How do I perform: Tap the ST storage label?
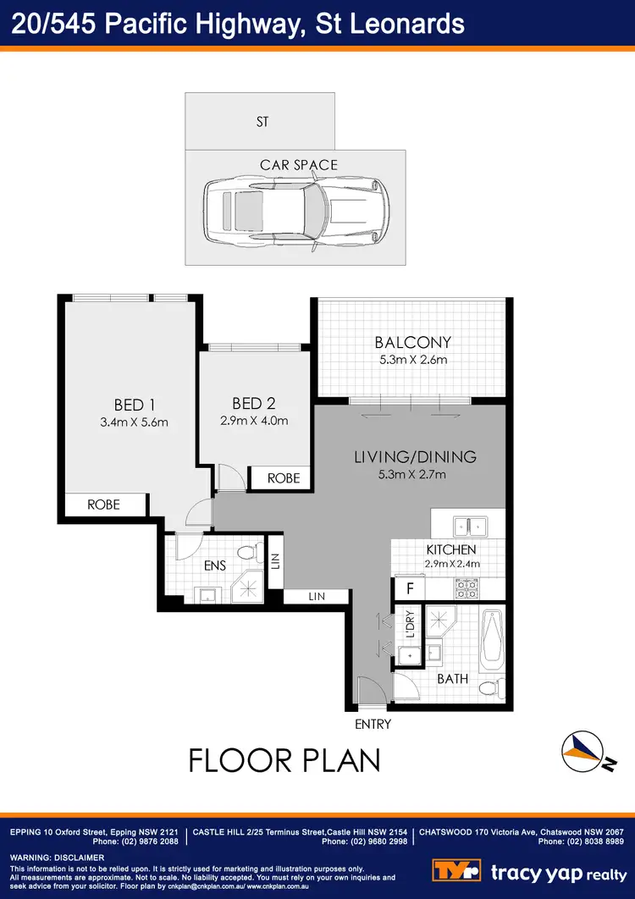[x=262, y=122]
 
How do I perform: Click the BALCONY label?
[x=413, y=343]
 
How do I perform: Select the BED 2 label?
[x=254, y=403]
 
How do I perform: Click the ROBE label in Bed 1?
[x=104, y=505]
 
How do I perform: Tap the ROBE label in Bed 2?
[x=284, y=478]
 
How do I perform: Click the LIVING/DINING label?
[x=415, y=457]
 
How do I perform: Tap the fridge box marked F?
[x=410, y=587]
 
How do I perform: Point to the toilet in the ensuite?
[x=246, y=554]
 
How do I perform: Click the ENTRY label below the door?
[x=373, y=724]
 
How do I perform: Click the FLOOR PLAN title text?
[x=284, y=759]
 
